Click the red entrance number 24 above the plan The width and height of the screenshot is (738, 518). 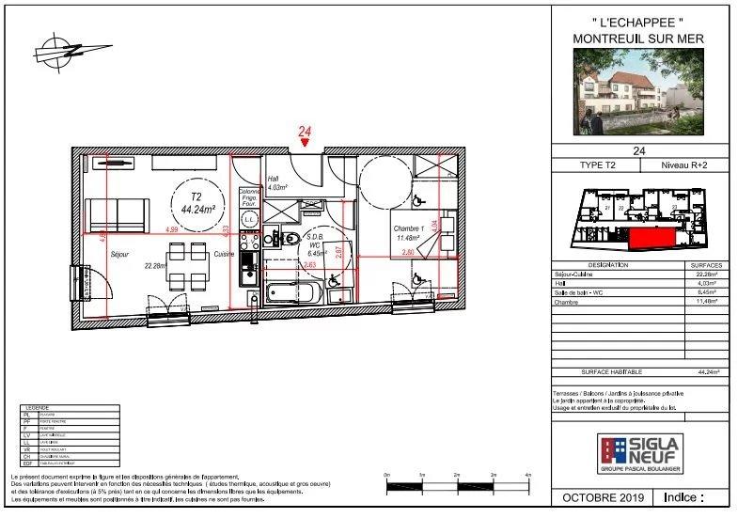point(305,133)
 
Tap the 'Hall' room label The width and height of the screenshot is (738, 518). point(274,178)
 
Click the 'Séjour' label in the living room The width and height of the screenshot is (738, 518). point(119,254)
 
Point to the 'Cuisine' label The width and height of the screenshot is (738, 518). point(223,254)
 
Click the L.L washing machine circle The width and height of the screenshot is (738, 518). point(250,219)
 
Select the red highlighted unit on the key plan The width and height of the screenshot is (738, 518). point(650,240)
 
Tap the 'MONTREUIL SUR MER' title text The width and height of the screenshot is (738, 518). point(638,38)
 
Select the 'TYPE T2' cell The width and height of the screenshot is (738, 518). point(595,165)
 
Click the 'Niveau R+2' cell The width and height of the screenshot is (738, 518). point(683,165)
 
